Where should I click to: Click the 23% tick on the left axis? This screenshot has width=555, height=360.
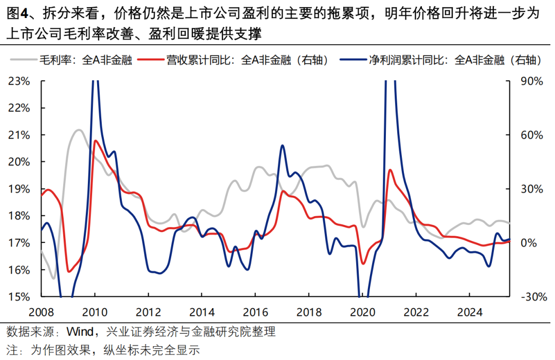tap(20, 81)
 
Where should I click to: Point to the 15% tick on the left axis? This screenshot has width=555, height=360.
tap(20, 297)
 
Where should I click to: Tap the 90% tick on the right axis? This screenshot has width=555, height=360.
tap(524, 81)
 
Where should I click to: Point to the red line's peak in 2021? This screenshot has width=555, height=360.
tap(391, 169)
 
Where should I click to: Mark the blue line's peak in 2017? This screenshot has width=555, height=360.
tap(283, 145)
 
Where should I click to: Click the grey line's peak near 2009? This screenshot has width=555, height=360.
tap(78, 130)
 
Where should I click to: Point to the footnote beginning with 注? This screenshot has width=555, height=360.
tap(102, 350)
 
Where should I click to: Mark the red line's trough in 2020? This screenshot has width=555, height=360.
tap(363, 264)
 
